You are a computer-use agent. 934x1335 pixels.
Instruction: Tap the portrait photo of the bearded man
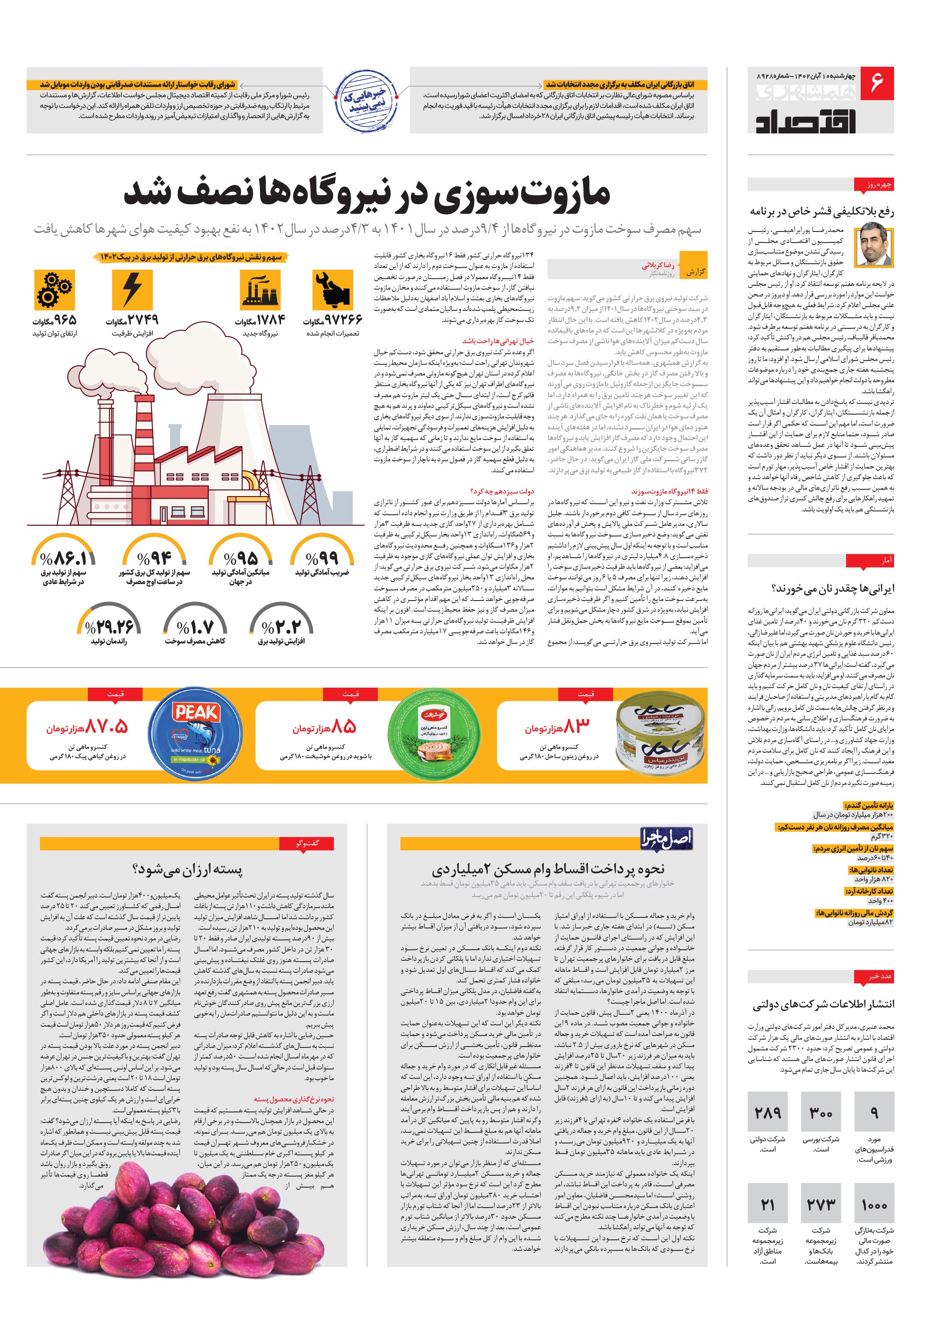tap(876, 246)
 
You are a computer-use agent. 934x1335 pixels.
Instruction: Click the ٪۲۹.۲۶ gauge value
tap(109, 627)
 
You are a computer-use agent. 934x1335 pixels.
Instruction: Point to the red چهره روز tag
tap(874, 185)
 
